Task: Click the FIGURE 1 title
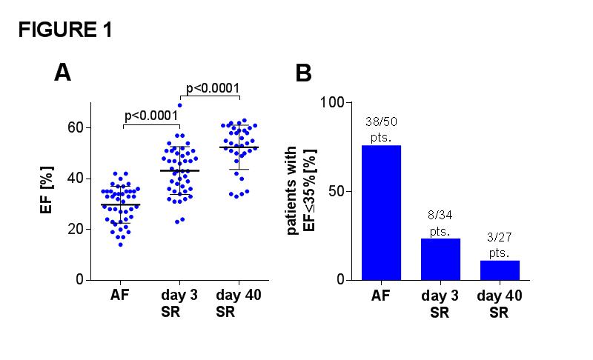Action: [65, 30]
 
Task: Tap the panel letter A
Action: [62, 72]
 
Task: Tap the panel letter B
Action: [303, 73]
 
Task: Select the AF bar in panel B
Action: [381, 213]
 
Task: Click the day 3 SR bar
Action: [440, 259]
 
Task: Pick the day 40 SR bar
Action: [500, 270]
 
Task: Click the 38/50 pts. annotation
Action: [381, 130]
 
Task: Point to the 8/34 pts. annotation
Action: [440, 223]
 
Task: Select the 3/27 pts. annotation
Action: [500, 244]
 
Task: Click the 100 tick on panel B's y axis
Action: [332, 102]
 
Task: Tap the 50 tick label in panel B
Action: [337, 191]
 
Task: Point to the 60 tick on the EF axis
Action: [76, 127]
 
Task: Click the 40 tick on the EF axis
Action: [76, 179]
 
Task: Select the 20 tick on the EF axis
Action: [76, 229]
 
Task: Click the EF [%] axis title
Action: [47, 190]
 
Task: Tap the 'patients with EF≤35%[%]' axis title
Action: [302, 190]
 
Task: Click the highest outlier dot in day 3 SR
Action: [180, 105]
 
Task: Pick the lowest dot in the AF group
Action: [121, 244]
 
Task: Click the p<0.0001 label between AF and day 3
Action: [151, 116]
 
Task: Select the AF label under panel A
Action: [120, 295]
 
